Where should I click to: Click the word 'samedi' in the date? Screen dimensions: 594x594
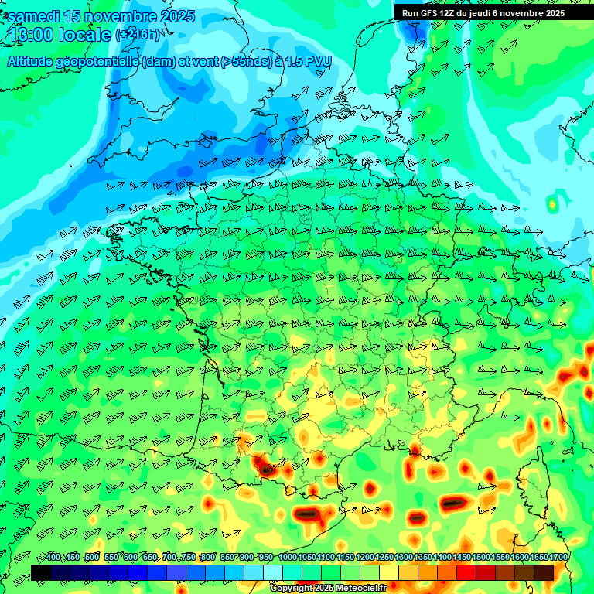pos(34,16)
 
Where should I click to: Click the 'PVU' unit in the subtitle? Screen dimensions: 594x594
pos(316,61)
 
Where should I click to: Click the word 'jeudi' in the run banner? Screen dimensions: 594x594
pos(490,13)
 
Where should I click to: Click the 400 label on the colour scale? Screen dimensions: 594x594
pos(53,558)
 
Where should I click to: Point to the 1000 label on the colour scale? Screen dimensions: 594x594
pos(287,558)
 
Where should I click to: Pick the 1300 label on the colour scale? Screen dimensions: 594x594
pos(404,558)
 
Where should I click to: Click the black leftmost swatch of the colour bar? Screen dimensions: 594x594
pos(40,572)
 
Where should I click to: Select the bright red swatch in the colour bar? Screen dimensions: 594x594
pos(466,572)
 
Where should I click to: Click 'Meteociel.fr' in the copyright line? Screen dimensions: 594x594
pos(359,589)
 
